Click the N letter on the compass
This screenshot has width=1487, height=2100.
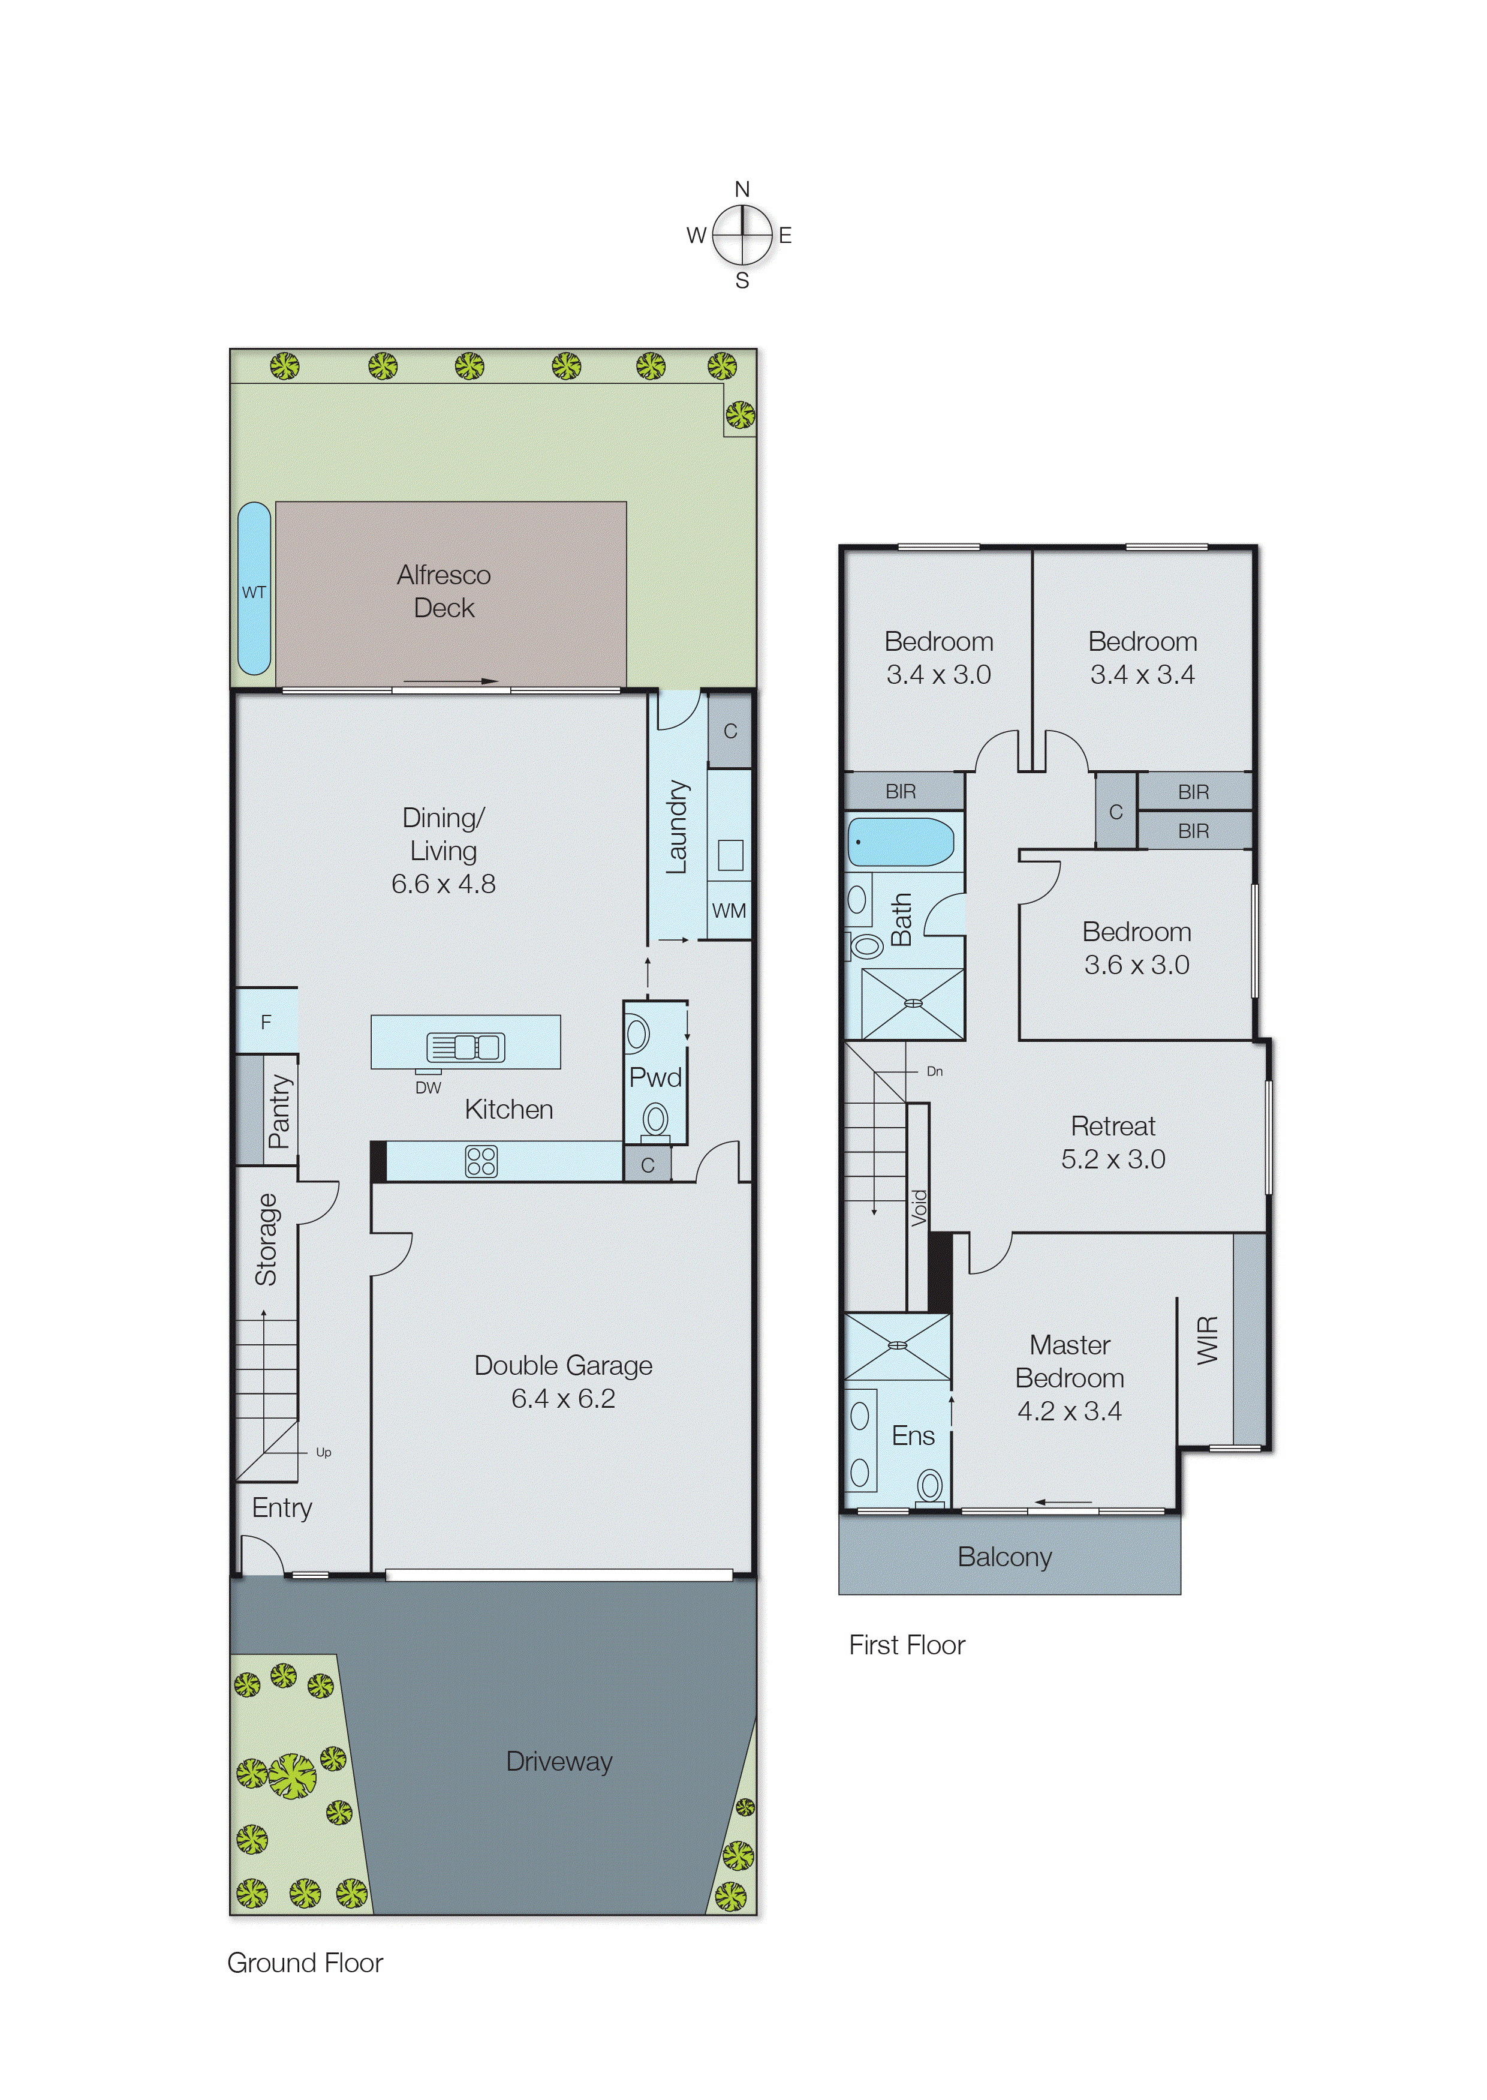(742, 190)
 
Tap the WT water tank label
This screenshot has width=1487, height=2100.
(254, 593)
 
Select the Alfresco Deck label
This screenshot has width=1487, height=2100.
(444, 591)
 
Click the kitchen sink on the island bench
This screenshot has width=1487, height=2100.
(465, 1046)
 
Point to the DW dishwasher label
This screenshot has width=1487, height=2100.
(428, 1088)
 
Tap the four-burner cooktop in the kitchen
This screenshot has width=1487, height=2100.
(481, 1161)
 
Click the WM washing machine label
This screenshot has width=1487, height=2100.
(729, 911)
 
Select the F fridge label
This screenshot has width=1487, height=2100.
(266, 1022)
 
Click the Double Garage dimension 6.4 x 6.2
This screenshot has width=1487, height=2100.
(563, 1398)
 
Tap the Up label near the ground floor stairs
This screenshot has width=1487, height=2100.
(323, 1453)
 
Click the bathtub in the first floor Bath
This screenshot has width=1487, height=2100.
(901, 842)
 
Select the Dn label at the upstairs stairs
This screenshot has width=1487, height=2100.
(934, 1071)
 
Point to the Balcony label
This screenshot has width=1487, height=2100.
(1004, 1557)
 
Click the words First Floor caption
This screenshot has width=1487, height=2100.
(907, 1645)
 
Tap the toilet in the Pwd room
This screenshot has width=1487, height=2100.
(655, 1119)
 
